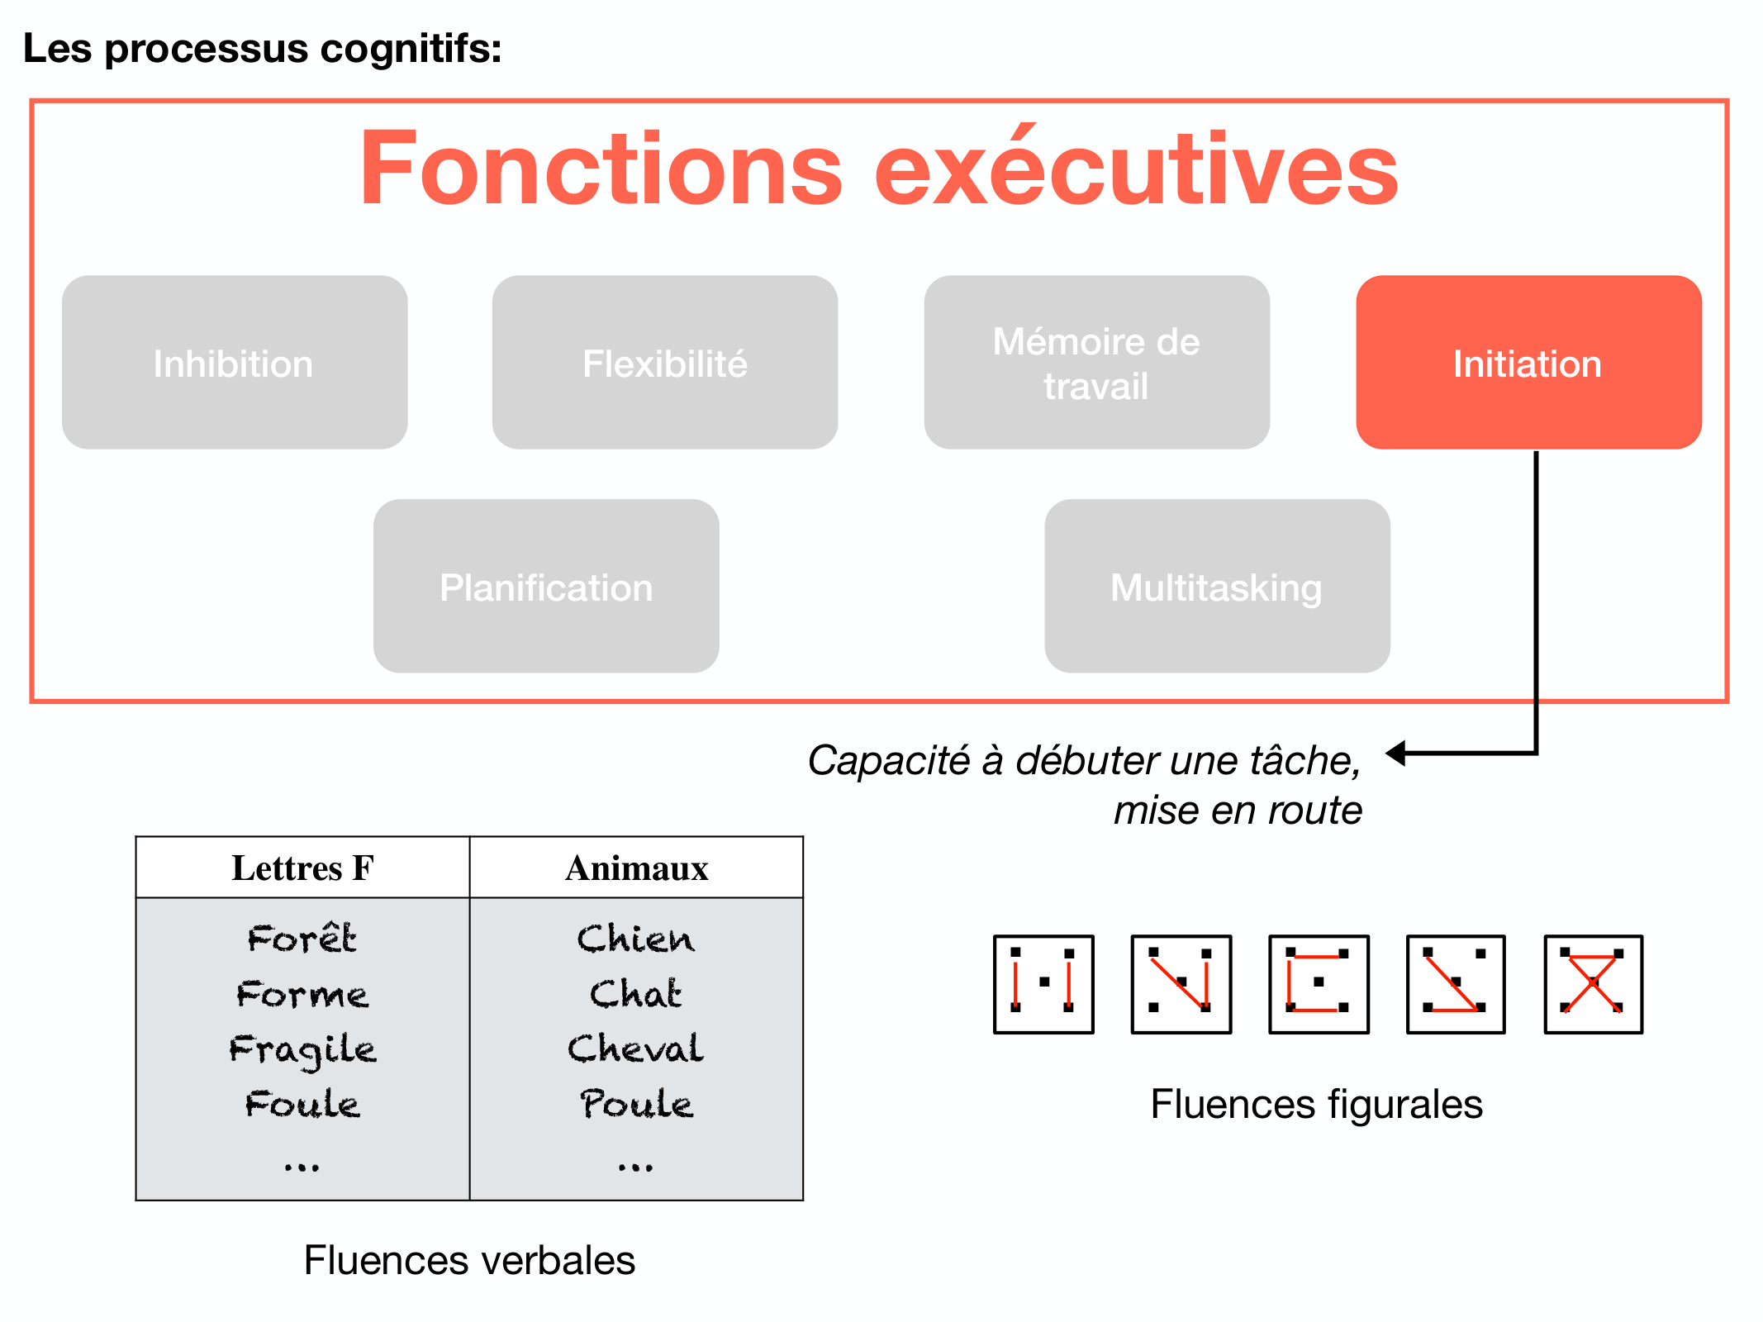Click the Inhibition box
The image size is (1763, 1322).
point(234,363)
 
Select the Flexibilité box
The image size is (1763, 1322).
point(664,363)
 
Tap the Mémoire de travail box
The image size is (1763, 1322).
point(1095,363)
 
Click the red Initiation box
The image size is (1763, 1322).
point(1528,363)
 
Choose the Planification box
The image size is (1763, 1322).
point(545,587)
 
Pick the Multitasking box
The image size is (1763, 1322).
point(1216,587)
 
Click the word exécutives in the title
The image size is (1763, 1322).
point(1136,169)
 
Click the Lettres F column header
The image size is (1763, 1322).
point(302,868)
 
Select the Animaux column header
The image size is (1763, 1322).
point(636,868)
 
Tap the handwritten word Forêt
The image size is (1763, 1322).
point(302,938)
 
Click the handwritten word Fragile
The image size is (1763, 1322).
point(302,1049)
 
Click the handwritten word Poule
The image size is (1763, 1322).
point(635,1103)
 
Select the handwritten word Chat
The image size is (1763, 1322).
point(635,993)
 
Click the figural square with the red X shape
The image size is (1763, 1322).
point(1593,984)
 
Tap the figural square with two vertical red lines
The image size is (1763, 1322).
point(1043,984)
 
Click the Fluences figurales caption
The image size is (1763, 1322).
point(1316,1104)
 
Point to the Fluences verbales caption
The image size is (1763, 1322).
point(469,1260)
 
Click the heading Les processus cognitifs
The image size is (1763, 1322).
point(262,48)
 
